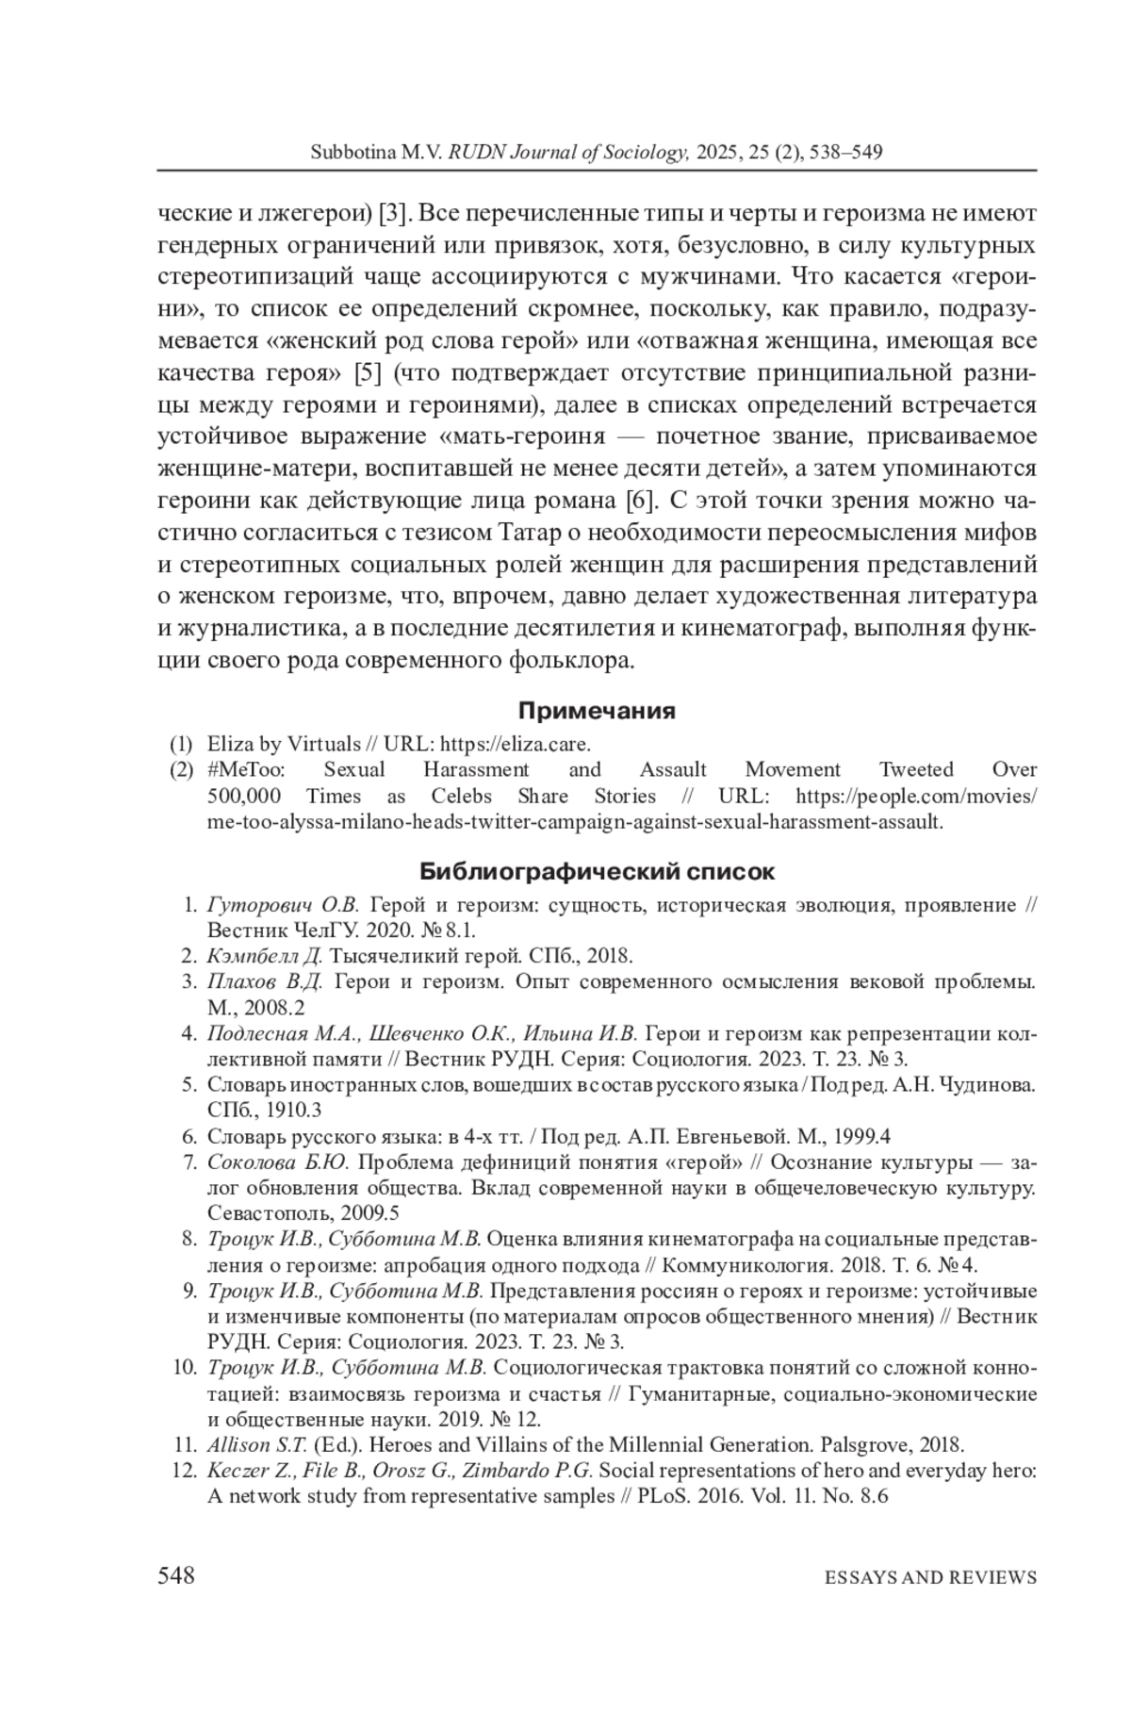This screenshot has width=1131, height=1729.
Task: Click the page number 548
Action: [x=176, y=1575]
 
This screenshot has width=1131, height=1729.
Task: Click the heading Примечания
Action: [x=597, y=710]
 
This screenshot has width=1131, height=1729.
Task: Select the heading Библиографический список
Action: [x=597, y=869]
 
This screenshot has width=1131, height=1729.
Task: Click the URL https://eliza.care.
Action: [x=516, y=743]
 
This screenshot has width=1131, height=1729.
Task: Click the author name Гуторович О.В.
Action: [x=283, y=905]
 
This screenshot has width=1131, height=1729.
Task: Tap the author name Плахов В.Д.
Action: [x=265, y=981]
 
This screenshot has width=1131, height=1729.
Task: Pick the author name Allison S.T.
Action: [x=257, y=1443]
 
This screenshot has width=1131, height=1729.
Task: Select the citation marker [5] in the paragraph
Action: [x=367, y=373]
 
